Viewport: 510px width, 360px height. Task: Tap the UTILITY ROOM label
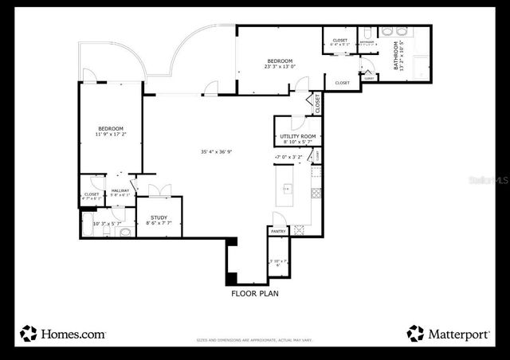297,136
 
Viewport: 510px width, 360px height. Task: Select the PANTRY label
278,231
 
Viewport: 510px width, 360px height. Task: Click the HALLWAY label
120,190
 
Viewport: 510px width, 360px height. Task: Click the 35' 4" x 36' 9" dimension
216,151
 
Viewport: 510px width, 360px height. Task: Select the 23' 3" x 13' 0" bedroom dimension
280,67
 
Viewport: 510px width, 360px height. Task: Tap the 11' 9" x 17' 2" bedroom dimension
111,135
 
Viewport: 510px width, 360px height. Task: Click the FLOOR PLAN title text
254,293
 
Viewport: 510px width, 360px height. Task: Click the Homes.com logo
64,334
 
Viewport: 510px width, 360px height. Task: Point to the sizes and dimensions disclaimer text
254,340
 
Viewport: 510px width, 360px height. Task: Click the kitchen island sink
288,190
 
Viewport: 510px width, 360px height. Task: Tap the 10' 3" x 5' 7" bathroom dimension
107,224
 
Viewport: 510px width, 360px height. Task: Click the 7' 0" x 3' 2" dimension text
288,157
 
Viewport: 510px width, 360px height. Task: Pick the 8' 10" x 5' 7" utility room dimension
297,143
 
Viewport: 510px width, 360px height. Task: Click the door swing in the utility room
296,122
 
